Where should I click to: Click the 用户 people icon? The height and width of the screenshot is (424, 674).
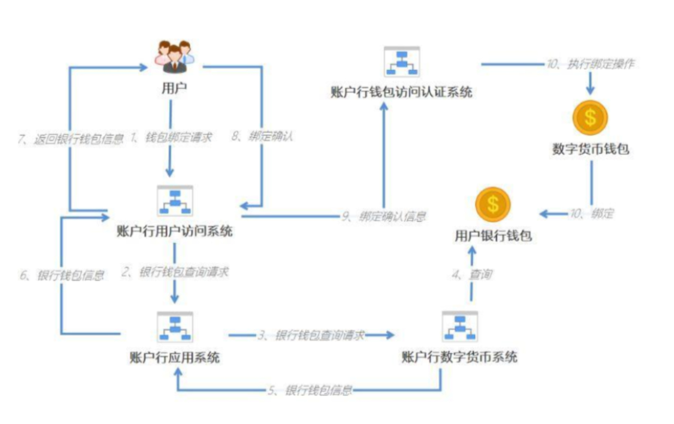[174, 57]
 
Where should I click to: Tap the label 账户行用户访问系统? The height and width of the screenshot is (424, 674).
[175, 231]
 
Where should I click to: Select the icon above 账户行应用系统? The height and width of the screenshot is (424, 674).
[175, 327]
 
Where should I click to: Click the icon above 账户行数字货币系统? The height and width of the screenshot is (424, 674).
[459, 326]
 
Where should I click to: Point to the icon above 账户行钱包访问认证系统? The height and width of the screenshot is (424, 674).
[402, 62]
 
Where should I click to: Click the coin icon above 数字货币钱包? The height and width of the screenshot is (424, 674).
[590, 117]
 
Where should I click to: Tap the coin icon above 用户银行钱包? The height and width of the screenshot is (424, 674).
[493, 204]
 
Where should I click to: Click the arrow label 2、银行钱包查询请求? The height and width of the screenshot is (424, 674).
[175, 272]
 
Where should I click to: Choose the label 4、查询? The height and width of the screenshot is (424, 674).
[472, 275]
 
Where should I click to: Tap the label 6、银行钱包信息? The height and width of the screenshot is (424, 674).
[62, 275]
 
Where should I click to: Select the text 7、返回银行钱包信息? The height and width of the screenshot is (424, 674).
[71, 138]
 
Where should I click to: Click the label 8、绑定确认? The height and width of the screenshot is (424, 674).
[262, 137]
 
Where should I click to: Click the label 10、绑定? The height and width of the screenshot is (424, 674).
[591, 214]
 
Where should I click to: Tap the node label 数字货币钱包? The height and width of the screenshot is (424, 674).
[590, 149]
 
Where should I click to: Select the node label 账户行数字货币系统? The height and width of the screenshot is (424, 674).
[459, 357]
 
